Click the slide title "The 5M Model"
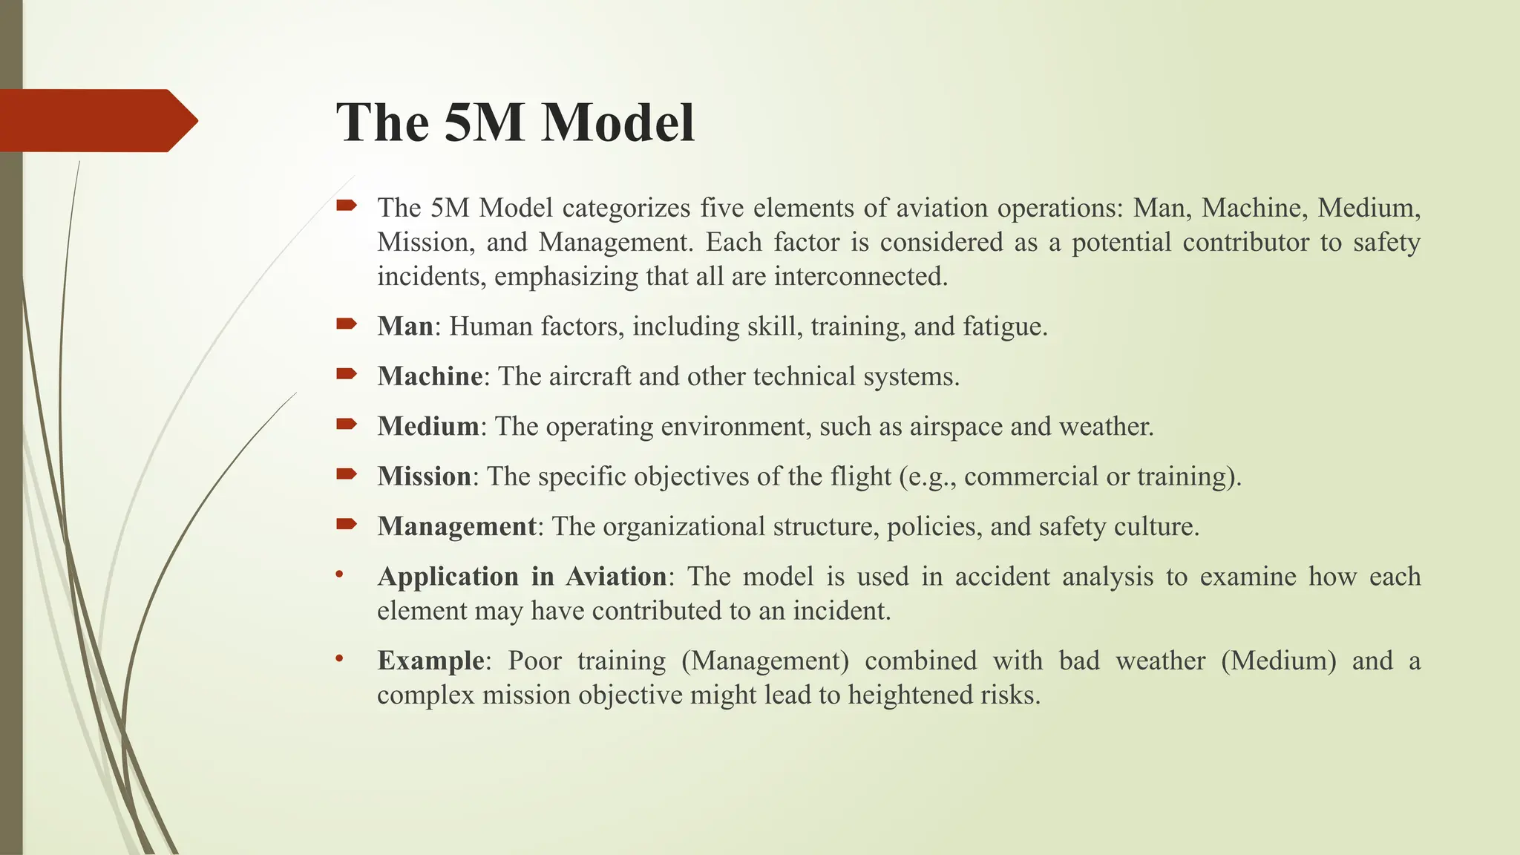[x=515, y=122]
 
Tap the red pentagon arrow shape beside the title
[x=96, y=120]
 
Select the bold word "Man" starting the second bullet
[x=404, y=327]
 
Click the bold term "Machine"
[x=430, y=376]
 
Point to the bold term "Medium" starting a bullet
[x=428, y=426]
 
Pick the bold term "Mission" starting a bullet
[x=424, y=476]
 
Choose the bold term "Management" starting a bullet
[x=456, y=526]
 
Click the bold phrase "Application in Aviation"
[x=522, y=577]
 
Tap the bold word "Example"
[x=430, y=661]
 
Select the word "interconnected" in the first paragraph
[x=860, y=277]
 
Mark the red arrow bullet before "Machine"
[x=347, y=374]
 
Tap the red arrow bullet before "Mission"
[x=347, y=474]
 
